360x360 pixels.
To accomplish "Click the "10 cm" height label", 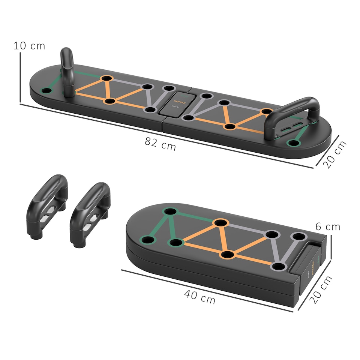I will click(x=29, y=46).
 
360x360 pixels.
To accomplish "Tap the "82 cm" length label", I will click(x=160, y=144).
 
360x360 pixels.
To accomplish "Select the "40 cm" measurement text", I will click(x=199, y=297).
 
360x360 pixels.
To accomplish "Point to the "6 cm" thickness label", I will click(x=327, y=227).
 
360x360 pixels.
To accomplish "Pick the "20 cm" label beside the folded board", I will click(x=322, y=289).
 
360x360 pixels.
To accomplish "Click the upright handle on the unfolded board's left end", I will click(x=67, y=71).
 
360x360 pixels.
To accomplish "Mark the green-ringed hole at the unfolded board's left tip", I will click(x=46, y=91).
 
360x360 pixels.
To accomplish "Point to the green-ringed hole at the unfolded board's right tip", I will click(x=294, y=143).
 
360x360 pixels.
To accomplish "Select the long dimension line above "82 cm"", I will click(x=165, y=135).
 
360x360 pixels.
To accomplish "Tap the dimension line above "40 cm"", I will click(x=206, y=289).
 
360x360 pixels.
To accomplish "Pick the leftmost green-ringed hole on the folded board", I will click(x=147, y=239).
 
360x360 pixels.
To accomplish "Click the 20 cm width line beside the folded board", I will click(x=315, y=285).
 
